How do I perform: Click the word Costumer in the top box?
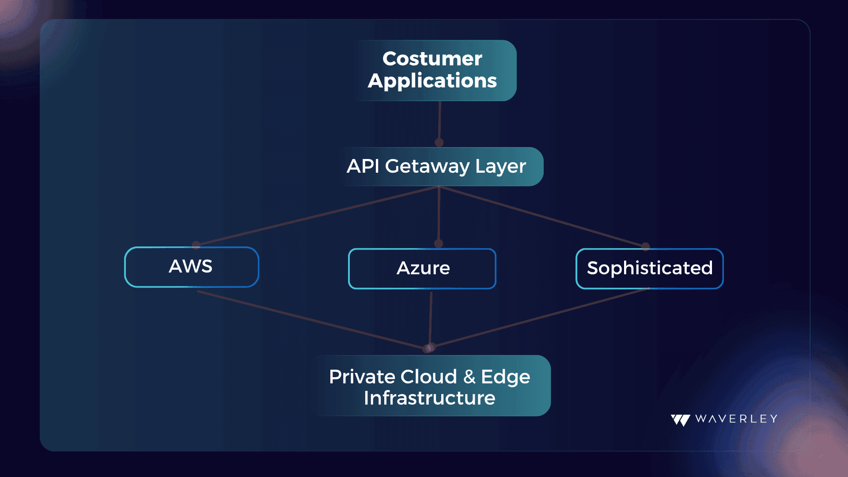pos(432,59)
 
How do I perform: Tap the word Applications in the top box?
pos(432,81)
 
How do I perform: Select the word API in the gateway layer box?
pos(363,166)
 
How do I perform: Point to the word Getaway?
pos(427,167)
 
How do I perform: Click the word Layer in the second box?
pos(501,167)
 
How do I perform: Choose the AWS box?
pos(192,267)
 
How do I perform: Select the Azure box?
pos(422,269)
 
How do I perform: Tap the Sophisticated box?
pos(650,269)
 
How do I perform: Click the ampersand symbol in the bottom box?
pos(469,377)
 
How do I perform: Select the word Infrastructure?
pos(430,398)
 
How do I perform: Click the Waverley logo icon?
pos(681,420)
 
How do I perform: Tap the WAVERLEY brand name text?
pos(736,419)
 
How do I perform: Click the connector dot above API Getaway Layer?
pos(439,142)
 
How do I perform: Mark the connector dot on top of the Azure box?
pos(439,243)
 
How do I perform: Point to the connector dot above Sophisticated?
pos(646,246)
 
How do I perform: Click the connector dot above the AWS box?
pos(197,244)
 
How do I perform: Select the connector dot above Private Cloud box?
pos(429,348)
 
